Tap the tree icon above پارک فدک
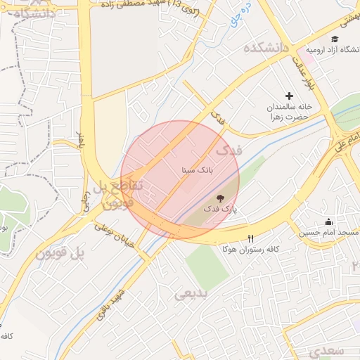pos(220,198)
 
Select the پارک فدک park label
pos(221,209)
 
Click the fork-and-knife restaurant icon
pos(251,238)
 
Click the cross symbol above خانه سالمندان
pos(289,96)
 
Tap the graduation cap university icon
pos(335,39)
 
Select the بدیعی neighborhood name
pos(191,294)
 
